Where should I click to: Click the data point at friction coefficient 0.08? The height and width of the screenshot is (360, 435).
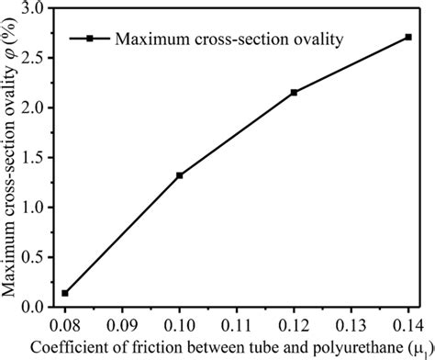coord(64,293)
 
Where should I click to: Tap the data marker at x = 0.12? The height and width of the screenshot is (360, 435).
coord(294,93)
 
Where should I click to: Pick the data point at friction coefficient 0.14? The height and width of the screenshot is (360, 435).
coord(407,37)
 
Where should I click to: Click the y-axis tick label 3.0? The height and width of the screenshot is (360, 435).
coord(34,9)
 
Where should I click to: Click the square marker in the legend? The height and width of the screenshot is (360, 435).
coord(90,39)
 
